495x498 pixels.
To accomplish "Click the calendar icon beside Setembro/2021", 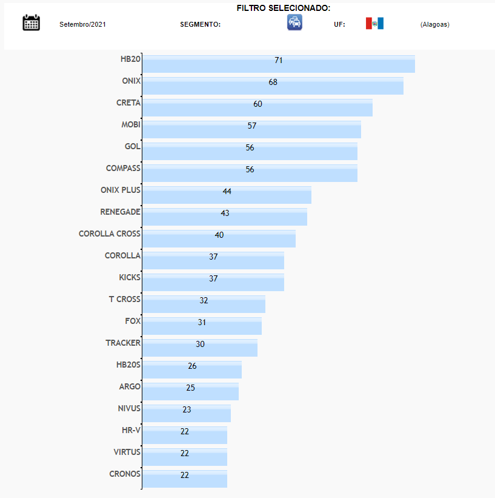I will (x=31, y=23).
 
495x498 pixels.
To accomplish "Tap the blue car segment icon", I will (x=294, y=23).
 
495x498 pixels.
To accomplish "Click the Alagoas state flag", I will (x=374, y=24).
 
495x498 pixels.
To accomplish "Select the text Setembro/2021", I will (x=82, y=25).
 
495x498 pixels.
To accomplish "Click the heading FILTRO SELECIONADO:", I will (x=284, y=8).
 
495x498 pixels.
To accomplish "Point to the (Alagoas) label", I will (x=434, y=25).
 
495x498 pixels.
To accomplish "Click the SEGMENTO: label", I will (x=200, y=25).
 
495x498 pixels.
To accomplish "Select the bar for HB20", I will (x=278, y=64).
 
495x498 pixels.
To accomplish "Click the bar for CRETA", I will (x=257, y=107).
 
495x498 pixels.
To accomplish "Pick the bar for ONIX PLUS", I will (x=227, y=195).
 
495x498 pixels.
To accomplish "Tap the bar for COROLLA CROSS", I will (x=219, y=238).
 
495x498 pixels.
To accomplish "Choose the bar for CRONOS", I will (x=184, y=479).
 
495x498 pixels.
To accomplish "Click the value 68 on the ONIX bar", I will (x=273, y=82).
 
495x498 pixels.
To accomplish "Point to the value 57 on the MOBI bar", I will (x=252, y=126).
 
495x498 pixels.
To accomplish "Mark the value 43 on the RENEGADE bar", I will (x=225, y=213).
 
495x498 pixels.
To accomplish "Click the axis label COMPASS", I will (x=123, y=168).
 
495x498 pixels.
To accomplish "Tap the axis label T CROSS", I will (x=124, y=299).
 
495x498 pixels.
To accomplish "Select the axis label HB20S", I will (x=128, y=365).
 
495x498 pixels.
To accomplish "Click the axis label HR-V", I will (x=131, y=430).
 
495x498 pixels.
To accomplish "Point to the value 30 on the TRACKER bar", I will (x=200, y=344).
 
